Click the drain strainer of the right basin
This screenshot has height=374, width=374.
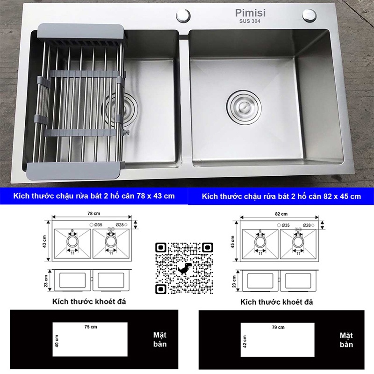point(242,104)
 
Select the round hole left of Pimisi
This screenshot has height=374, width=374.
point(183,15)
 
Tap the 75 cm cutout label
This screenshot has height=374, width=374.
point(90,327)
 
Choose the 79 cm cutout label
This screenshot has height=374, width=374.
point(278,327)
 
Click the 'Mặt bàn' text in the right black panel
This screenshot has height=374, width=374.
point(346,340)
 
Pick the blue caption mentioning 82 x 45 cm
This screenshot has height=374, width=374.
point(281,197)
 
